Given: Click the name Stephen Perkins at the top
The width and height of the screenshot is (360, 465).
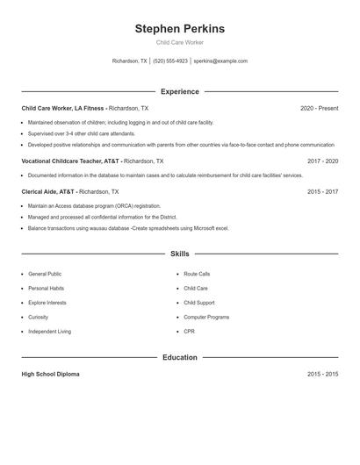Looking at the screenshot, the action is [x=179, y=29].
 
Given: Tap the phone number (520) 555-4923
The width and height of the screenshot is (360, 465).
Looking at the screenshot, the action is [x=170, y=61].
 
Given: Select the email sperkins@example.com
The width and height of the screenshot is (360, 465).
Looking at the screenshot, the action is [x=220, y=61].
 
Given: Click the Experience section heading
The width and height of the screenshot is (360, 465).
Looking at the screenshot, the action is [x=179, y=91].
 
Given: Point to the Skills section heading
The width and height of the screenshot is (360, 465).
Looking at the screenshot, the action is [x=179, y=254].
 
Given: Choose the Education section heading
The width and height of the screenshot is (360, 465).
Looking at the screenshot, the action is [x=179, y=357].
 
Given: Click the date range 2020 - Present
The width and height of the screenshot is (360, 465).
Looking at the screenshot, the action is [x=319, y=108].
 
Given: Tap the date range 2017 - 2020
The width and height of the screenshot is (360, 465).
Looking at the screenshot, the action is [x=322, y=161].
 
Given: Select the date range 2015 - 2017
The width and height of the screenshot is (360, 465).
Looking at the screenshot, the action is [x=322, y=190].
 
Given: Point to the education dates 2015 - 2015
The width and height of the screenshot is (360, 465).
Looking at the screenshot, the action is [x=322, y=374].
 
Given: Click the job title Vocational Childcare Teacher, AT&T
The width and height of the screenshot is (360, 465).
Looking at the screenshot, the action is [x=71, y=161].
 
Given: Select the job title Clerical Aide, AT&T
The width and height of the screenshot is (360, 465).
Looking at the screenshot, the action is [x=47, y=190].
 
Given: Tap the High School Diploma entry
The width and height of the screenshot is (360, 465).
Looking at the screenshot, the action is [x=50, y=374].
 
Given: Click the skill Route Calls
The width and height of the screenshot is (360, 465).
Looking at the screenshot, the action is [x=197, y=274].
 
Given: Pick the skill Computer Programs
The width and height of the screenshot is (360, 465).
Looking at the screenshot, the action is [x=206, y=317].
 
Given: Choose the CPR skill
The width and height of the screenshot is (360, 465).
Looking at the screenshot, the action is [x=189, y=331].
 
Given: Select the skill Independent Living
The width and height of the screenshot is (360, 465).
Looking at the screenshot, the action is [x=49, y=331].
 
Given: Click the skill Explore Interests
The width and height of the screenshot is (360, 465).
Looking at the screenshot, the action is [x=47, y=303].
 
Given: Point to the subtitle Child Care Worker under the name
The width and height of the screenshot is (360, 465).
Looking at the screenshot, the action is [x=179, y=42].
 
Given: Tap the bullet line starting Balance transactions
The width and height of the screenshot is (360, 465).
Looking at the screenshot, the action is [x=128, y=228].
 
